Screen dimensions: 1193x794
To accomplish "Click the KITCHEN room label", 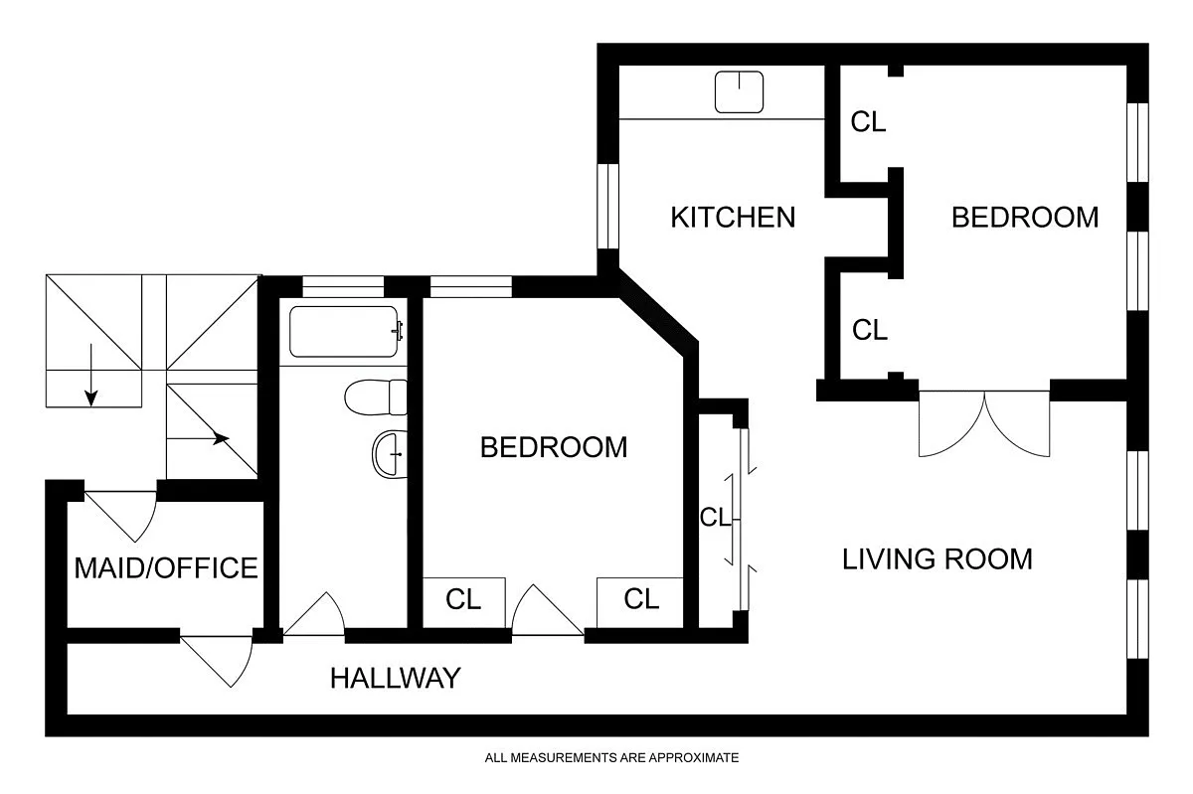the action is pos(733,218).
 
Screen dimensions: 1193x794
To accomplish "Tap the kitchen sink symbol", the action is pos(739,92).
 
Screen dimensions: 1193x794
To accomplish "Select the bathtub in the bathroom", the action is pos(345,331).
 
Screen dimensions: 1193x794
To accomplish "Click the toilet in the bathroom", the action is pos(376,397).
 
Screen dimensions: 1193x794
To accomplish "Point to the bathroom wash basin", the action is pos(390,454).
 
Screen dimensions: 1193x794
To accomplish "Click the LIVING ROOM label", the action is pos(937,559).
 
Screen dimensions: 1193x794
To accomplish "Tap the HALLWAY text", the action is pos(396,679).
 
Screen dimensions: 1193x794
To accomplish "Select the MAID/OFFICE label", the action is pos(166,567).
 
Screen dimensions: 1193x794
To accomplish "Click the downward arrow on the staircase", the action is pos(91,375).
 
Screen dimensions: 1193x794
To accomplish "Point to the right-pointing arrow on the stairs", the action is pos(198,439).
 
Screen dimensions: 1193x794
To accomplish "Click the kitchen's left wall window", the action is pos(607,206).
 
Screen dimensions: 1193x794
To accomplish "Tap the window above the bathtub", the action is pos(343,286).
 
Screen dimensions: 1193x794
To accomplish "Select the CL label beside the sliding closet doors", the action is pos(715,517).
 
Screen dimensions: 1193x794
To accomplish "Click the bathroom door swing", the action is pos(314,613).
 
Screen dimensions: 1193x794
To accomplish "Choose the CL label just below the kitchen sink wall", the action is pos(868,122).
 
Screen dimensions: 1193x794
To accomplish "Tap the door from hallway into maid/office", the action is pos(216,662).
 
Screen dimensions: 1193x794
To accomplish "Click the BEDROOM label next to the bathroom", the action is pos(554,447).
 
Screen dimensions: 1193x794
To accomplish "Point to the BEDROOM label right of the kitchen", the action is pos(1025,218).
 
